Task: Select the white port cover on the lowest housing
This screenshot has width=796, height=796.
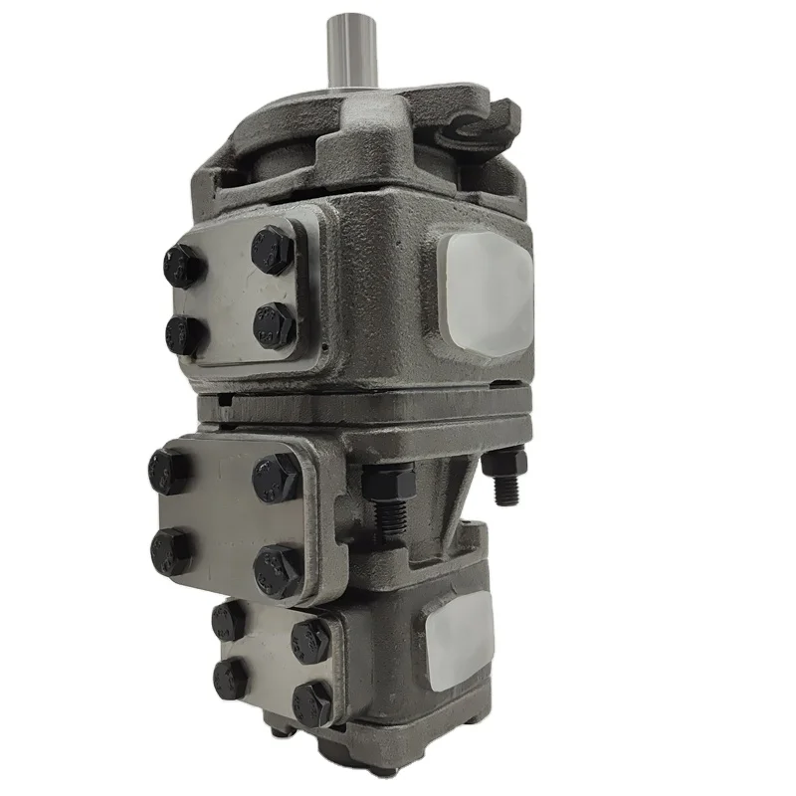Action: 460,636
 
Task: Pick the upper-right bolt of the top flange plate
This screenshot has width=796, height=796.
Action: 270,249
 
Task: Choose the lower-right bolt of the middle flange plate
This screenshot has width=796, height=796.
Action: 276,570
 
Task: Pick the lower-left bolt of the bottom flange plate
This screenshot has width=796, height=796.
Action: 230,678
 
